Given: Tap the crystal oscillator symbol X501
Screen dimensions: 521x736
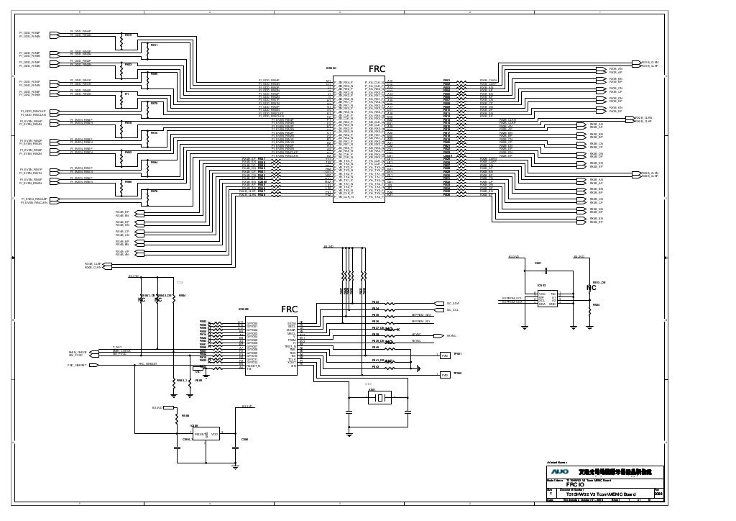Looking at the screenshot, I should pyautogui.click(x=382, y=397).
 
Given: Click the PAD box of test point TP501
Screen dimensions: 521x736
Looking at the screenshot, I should pyautogui.click(x=445, y=355).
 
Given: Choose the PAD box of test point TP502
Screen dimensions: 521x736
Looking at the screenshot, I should pyautogui.click(x=445, y=373).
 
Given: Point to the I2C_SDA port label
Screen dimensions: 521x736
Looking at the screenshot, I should pyautogui.click(x=453, y=304).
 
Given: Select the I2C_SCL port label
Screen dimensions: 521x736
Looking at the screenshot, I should pyautogui.click(x=453, y=310).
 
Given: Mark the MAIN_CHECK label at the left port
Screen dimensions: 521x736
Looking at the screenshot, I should pyautogui.click(x=78, y=352).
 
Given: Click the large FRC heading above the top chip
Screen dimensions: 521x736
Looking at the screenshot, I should pyautogui.click(x=378, y=69).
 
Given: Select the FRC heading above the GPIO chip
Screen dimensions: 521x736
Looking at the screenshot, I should pyautogui.click(x=289, y=309).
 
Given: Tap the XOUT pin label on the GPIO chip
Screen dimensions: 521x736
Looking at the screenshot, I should pyautogui.click(x=292, y=362).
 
